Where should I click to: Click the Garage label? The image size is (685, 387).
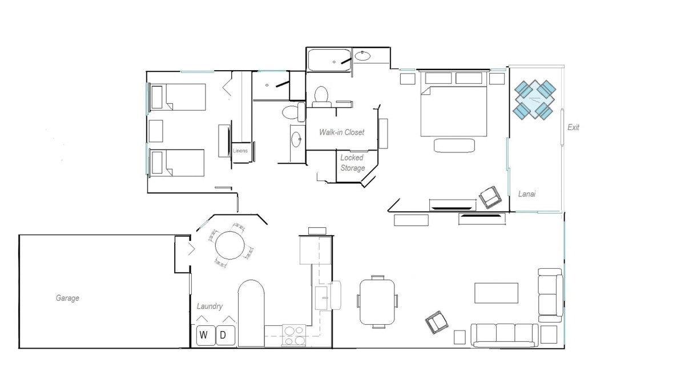click(x=67, y=298)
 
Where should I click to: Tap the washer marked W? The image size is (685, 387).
click(x=205, y=335)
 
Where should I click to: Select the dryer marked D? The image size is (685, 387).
click(x=225, y=335)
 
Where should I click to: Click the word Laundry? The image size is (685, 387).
click(x=209, y=307)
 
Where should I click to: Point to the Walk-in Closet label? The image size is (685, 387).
click(x=341, y=132)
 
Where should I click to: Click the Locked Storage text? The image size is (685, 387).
click(x=352, y=163)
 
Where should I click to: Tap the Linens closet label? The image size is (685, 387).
click(x=240, y=151)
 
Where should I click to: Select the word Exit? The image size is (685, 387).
click(x=573, y=127)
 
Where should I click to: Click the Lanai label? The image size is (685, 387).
click(x=526, y=194)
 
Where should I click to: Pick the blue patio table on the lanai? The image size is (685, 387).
click(x=534, y=99)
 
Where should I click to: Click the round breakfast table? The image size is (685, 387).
click(x=229, y=245)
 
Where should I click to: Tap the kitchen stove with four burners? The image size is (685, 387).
click(x=293, y=335)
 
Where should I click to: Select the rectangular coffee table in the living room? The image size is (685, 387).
click(x=496, y=293)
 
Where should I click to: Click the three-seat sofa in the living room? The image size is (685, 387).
click(x=505, y=335)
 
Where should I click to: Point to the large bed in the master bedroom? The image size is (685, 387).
click(x=453, y=104)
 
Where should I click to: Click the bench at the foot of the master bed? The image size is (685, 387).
click(x=454, y=146)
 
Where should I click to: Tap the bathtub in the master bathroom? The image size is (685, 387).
click(x=329, y=60)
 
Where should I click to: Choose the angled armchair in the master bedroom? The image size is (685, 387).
click(x=490, y=197)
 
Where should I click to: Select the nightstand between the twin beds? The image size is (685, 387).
click(x=156, y=131)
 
